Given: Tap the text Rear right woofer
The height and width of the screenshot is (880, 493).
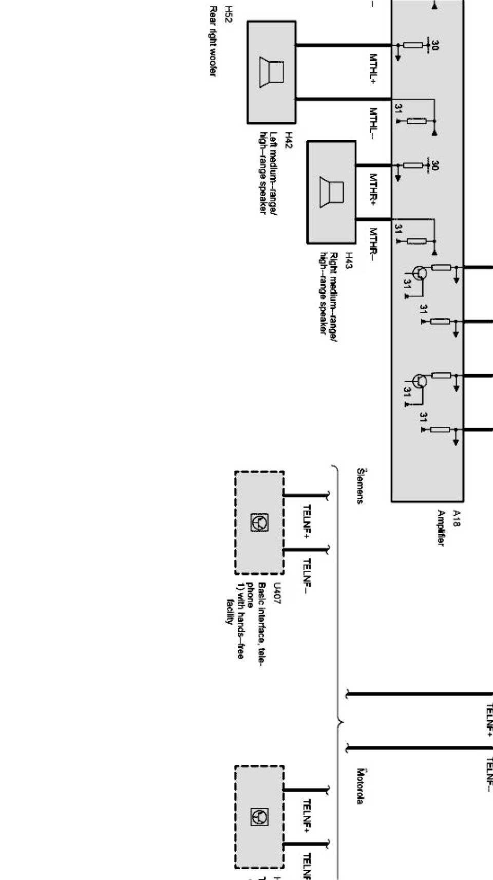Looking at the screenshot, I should pos(212,41).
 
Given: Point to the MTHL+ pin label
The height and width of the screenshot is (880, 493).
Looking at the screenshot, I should pos(374,68).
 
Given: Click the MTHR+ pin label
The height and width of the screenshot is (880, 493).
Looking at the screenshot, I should pos(374,189).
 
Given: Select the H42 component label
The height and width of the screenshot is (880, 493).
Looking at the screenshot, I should pos(289,140).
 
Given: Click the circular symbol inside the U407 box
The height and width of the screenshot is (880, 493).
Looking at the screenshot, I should pos(259,522).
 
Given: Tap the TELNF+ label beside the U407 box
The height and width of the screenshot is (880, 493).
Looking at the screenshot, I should pos(307,522).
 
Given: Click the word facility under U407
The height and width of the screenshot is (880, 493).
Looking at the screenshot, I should pos(230,611).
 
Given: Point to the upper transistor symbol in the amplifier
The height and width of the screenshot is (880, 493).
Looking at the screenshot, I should pos(420,273).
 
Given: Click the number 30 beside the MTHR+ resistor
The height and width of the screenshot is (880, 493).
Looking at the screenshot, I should pos(435,165).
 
